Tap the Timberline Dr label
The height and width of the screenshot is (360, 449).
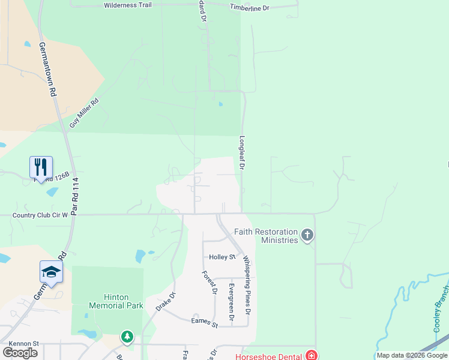(250, 7)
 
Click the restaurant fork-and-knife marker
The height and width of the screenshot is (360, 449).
(41, 167)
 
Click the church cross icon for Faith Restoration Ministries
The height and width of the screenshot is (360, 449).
(307, 235)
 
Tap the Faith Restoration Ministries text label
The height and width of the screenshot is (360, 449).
(266, 236)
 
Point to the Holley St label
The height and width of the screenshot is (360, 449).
(222, 257)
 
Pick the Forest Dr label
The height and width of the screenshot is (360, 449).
(209, 283)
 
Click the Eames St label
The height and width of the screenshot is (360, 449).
(205, 322)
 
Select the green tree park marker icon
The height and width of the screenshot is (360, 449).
(127, 337)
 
